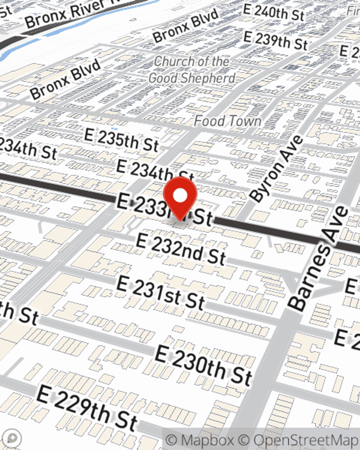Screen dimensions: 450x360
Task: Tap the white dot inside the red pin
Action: click(180, 196)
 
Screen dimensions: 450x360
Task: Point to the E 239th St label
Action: click(275, 40)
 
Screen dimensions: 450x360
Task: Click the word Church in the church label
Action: click(171, 62)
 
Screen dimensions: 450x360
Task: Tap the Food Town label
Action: click(228, 121)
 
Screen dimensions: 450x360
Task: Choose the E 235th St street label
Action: click(122, 140)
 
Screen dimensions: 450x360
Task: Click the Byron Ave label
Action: click(276, 168)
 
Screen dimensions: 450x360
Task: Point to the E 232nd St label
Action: click(181, 249)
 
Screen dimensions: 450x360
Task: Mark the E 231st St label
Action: click(161, 293)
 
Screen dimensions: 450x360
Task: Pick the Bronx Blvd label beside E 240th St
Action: click(185, 26)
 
